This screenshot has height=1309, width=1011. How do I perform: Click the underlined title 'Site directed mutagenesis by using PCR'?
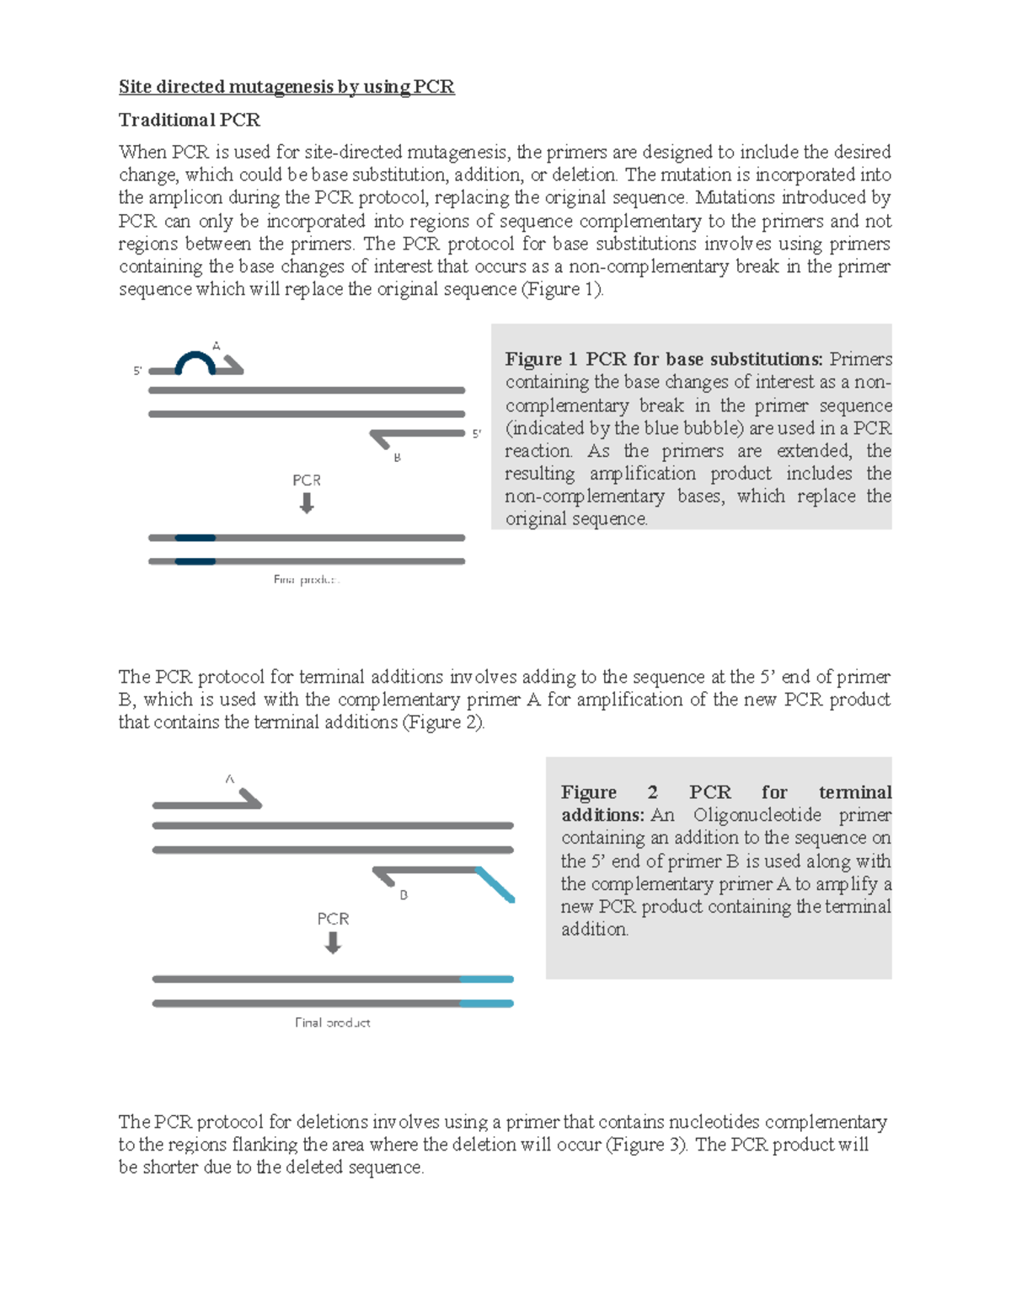(x=286, y=87)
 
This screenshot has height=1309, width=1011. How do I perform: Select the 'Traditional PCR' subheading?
(x=190, y=120)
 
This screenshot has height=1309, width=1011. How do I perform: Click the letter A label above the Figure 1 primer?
(x=217, y=346)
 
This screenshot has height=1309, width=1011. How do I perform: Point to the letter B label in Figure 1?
(x=398, y=458)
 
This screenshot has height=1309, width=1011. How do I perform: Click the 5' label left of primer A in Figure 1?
(x=138, y=371)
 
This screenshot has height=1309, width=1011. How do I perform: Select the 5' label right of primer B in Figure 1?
(x=476, y=434)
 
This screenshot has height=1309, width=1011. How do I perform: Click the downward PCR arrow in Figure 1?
(x=307, y=503)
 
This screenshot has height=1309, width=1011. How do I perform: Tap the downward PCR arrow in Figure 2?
(x=333, y=943)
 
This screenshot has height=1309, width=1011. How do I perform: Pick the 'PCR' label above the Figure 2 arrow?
(x=333, y=919)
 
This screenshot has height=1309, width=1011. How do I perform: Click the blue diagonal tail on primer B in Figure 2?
(x=495, y=885)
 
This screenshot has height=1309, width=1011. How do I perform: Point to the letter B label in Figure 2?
(x=404, y=895)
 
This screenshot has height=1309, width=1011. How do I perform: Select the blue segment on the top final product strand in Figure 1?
(x=195, y=538)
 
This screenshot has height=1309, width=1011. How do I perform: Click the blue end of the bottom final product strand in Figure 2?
(x=487, y=1003)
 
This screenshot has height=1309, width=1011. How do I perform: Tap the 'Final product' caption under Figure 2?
(x=333, y=1022)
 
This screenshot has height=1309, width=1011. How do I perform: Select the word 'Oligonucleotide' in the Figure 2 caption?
(x=757, y=815)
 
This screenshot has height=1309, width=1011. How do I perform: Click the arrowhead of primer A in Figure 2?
(x=251, y=797)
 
